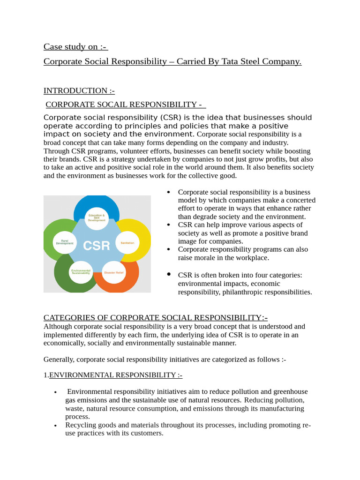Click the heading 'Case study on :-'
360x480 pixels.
tap(75, 46)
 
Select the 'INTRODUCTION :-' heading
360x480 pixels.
tap(79, 90)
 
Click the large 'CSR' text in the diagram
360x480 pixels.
tap(97, 245)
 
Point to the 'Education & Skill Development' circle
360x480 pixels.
tap(97, 218)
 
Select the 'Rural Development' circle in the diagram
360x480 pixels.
tap(65, 242)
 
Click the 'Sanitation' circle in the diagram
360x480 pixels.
tap(127, 242)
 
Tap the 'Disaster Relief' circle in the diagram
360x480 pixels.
tap(114, 272)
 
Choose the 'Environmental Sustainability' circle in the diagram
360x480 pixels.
tap(81, 272)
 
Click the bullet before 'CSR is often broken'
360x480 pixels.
tap(169, 274)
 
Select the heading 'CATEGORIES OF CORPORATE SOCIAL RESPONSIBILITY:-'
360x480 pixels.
tap(155, 317)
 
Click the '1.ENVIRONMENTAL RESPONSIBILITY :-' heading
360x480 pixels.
tap(113, 375)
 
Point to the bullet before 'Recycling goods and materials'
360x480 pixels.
tap(55, 425)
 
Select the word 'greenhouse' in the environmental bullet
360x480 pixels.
tap(289, 391)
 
